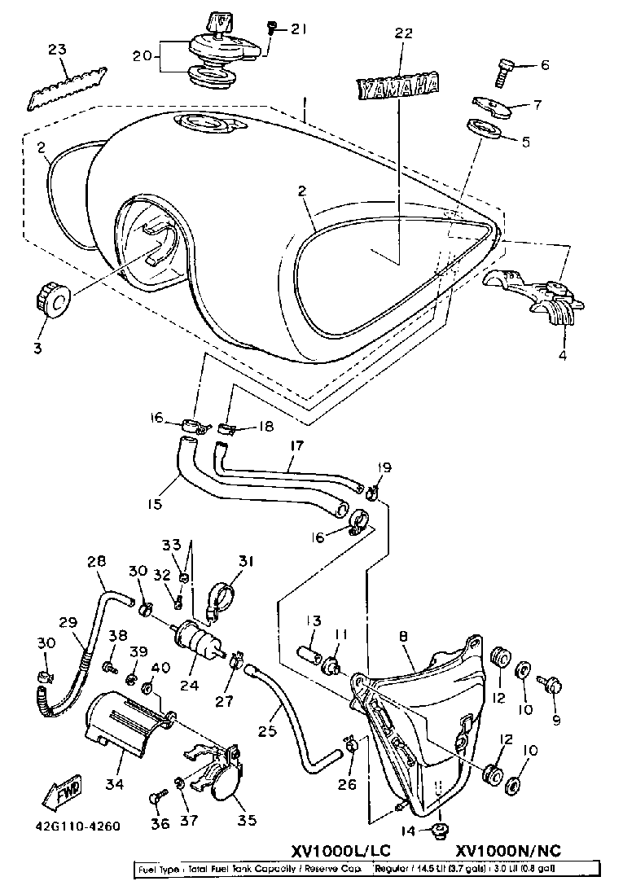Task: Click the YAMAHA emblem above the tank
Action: click(399, 85)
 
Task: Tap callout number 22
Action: click(404, 33)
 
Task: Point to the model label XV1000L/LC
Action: click(341, 851)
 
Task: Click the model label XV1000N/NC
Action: click(508, 851)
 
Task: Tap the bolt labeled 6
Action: click(502, 74)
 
